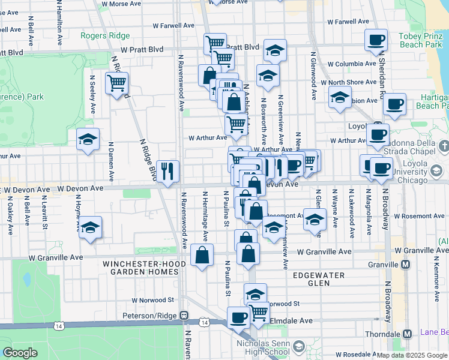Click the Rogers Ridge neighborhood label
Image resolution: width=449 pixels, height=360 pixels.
pyautogui.click(x=106, y=35)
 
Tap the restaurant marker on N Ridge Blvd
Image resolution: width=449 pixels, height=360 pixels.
pyautogui.click(x=167, y=171)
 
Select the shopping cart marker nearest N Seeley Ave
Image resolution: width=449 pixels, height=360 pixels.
pyautogui.click(x=116, y=83)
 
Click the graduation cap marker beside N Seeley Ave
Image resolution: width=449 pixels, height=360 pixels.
pyautogui.click(x=88, y=140)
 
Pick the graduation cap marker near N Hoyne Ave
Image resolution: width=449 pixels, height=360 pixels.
pyautogui.click(x=90, y=227)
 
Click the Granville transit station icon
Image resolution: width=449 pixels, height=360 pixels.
pyautogui.click(x=406, y=265)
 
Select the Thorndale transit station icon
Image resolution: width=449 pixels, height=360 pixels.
pyautogui.click(x=408, y=334)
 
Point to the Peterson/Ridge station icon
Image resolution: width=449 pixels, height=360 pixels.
pyautogui.click(x=185, y=315)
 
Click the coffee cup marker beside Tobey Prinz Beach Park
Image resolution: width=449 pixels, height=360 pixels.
pyautogui.click(x=376, y=40)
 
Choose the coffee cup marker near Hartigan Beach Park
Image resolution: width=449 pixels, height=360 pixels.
pyautogui.click(x=394, y=104)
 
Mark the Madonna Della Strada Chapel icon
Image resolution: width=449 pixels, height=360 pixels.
pyautogui.click(x=444, y=146)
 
